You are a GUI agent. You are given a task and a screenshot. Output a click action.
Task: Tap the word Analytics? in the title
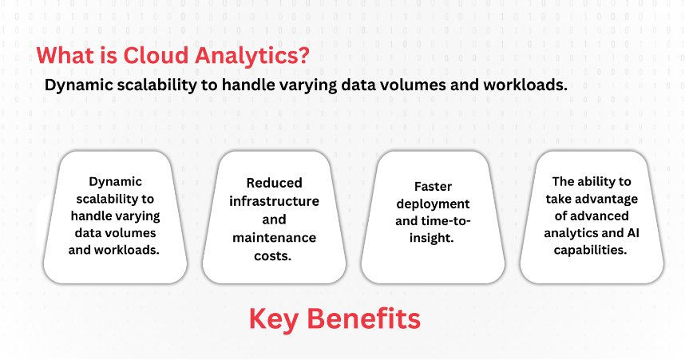[252, 57]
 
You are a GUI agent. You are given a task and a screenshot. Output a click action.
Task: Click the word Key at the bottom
[274, 320]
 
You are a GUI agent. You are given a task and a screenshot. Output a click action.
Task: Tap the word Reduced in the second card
[275, 183]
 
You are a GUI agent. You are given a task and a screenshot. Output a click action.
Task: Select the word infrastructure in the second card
[275, 201]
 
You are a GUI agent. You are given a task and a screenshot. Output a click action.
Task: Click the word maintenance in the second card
[275, 238]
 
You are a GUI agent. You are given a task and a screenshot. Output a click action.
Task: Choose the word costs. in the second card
[272, 256]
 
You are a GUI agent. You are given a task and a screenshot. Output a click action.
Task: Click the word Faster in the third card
[433, 187]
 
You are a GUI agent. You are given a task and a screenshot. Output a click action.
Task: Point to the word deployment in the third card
[433, 204]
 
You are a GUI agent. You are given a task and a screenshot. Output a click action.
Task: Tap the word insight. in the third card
[432, 238]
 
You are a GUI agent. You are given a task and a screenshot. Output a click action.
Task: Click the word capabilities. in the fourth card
[591, 251]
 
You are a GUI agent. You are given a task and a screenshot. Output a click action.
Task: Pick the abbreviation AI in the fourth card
[633, 233]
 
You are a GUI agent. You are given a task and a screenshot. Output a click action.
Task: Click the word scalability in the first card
[101, 200]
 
